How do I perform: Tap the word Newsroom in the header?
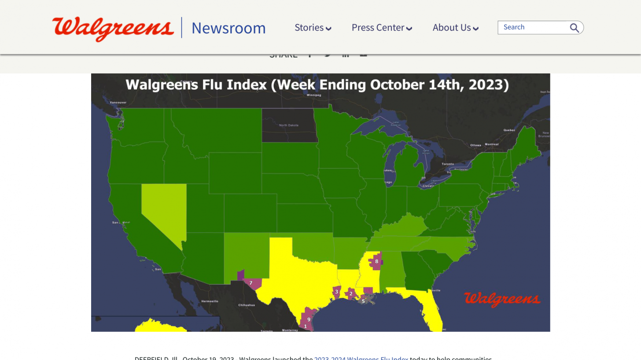(228, 28)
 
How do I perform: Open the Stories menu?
(313, 28)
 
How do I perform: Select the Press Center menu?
(381, 28)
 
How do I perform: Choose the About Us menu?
(455, 28)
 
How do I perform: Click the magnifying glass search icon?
(574, 28)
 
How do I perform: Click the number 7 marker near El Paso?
(251, 283)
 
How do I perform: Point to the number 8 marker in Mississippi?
(376, 261)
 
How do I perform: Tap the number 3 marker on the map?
(337, 291)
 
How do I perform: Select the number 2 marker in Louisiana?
(351, 294)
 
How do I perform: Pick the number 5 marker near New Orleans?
(363, 301)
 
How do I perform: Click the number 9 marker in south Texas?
(309, 319)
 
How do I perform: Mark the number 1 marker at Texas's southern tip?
(306, 326)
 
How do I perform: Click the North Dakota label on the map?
(289, 125)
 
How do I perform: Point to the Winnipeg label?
(314, 95)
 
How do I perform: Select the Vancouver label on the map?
(118, 103)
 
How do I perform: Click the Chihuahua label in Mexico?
(246, 305)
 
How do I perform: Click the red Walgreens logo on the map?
(502, 299)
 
